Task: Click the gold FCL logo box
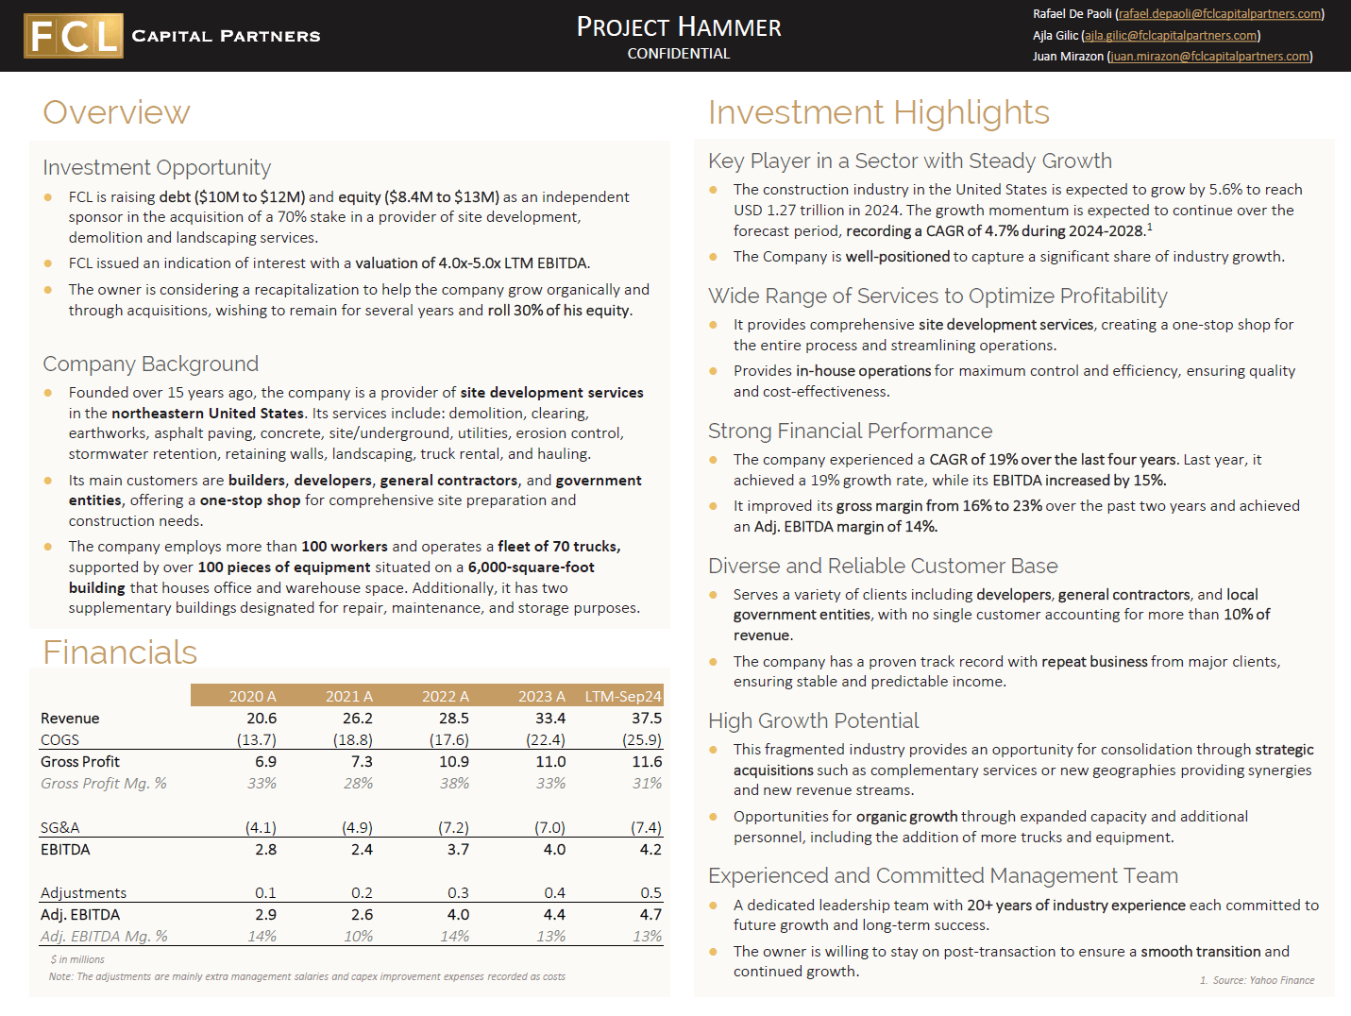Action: (74, 36)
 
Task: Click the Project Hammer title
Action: (679, 26)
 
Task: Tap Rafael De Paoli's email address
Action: (1219, 14)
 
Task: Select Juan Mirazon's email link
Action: (1210, 57)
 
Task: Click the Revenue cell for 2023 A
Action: (550, 719)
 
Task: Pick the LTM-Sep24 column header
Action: (623, 696)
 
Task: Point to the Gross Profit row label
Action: (80, 762)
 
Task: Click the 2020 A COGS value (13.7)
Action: (257, 740)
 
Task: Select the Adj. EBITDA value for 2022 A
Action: (458, 915)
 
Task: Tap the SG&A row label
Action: (59, 828)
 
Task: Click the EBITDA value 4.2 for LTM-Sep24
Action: (650, 850)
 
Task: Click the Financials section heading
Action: (120, 652)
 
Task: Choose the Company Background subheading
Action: (150, 364)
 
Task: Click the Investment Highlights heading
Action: (878, 112)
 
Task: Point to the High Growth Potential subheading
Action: (813, 721)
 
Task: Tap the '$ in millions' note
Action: (77, 959)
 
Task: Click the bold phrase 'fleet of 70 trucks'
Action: (559, 547)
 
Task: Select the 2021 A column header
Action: (348, 696)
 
